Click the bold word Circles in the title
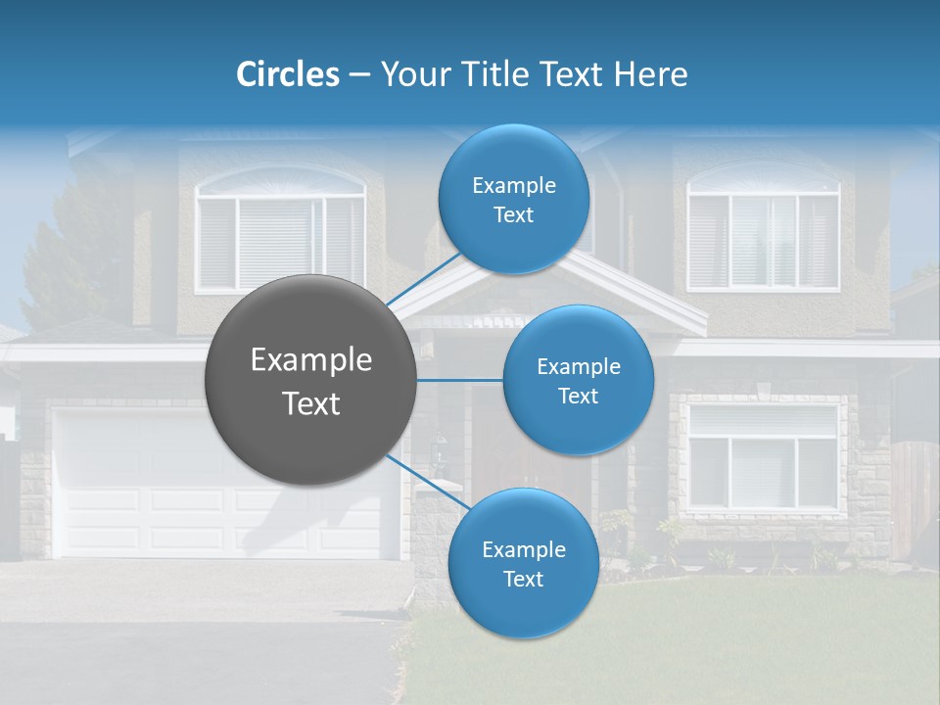tap(288, 74)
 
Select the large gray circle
tap(310, 380)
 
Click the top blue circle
tap(513, 199)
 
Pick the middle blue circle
tap(578, 380)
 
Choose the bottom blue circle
tap(523, 564)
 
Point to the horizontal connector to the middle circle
tap(459, 380)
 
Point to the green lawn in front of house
tap(705, 636)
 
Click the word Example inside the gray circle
tap(310, 360)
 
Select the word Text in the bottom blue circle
tap(523, 580)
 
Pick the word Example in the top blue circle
tap(513, 185)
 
